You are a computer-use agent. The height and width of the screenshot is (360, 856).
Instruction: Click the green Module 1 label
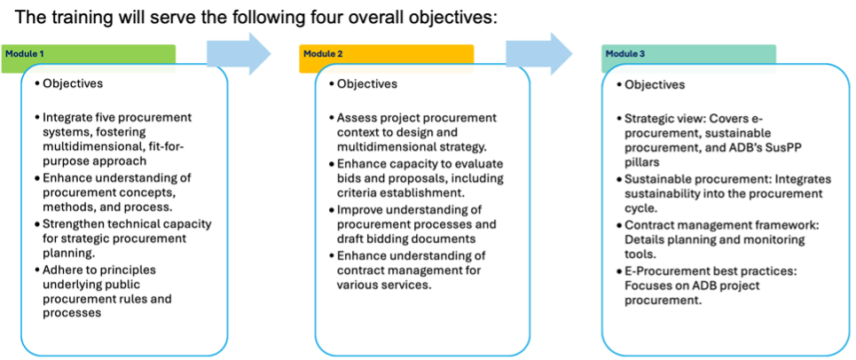88,54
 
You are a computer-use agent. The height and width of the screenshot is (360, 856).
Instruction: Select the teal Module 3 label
688,54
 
